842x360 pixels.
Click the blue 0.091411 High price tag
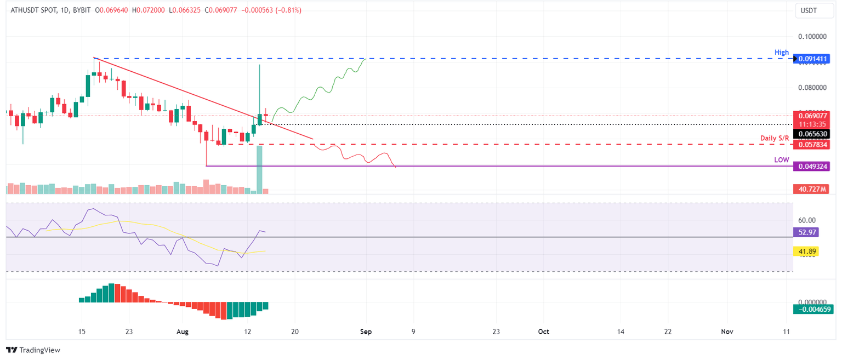click(x=811, y=58)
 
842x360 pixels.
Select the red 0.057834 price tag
click(x=811, y=144)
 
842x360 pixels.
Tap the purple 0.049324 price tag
click(x=811, y=166)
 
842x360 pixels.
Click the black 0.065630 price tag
click(x=811, y=134)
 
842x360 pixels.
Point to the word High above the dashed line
click(x=782, y=53)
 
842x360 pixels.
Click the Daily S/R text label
click(x=775, y=139)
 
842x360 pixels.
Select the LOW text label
click(x=782, y=160)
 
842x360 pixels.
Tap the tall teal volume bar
click(x=259, y=169)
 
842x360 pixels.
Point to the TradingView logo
click(x=33, y=350)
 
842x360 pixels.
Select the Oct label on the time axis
click(x=543, y=332)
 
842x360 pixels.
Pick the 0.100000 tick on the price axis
click(x=813, y=36)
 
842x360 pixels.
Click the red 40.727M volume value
click(x=810, y=189)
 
